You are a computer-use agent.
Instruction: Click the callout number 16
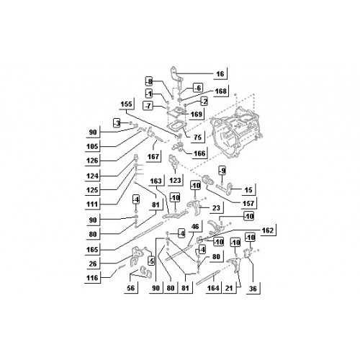click(x=220, y=73)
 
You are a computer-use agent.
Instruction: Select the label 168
click(x=220, y=91)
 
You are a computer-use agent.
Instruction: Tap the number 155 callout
click(x=126, y=104)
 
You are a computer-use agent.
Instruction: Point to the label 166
click(x=199, y=153)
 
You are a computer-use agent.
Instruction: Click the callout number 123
click(x=175, y=180)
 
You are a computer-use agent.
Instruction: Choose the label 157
click(x=248, y=203)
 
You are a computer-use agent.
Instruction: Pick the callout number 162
click(x=268, y=230)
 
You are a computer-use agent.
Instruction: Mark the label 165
click(x=92, y=250)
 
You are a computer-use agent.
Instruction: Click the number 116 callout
click(x=92, y=278)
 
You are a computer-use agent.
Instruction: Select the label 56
click(x=131, y=288)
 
